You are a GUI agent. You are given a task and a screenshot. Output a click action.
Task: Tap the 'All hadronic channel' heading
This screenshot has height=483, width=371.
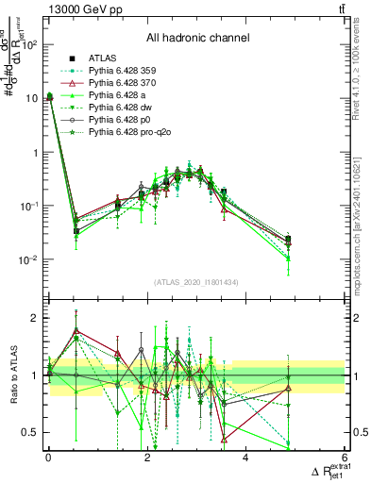(x=198, y=39)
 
